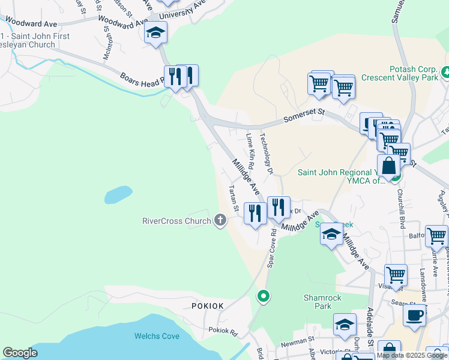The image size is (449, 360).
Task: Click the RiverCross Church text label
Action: coord(176,221)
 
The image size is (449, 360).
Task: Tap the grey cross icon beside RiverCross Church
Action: coord(220,221)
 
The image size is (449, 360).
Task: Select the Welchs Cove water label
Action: coord(157,336)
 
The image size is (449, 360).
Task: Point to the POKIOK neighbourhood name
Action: coord(208,306)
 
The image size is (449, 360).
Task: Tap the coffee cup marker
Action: coord(415,314)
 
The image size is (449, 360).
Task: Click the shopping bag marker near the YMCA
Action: coord(388,165)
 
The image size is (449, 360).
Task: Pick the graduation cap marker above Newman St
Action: coord(345,325)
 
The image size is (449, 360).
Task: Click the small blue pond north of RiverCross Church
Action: coord(118,194)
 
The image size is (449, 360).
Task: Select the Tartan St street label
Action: coord(234,198)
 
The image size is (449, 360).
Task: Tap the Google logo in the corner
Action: coord(20,353)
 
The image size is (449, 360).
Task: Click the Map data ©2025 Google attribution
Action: coord(412,355)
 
